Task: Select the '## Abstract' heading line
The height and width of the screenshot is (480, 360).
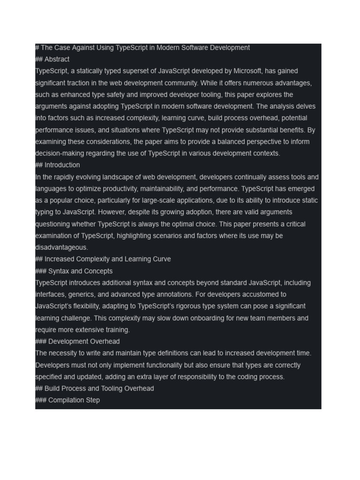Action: tap(52, 60)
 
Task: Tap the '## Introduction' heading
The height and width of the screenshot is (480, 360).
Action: tap(58, 165)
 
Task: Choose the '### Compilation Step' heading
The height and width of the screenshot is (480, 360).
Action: tap(67, 400)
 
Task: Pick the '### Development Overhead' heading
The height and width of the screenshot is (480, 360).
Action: tap(77, 342)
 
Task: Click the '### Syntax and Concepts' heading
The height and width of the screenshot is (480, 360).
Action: tap(74, 271)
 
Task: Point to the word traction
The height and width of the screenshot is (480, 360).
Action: tap(77, 83)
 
